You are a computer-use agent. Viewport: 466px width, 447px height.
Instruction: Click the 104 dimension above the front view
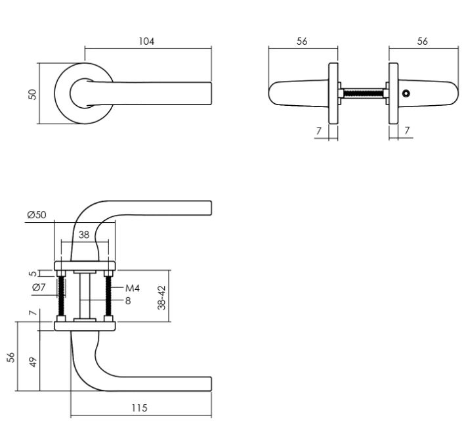pos(146,41)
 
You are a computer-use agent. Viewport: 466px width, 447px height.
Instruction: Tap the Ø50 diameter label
pos(38,215)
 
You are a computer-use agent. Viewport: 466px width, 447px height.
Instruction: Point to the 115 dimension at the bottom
pos(138,408)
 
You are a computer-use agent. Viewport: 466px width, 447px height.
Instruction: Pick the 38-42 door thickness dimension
pos(161,297)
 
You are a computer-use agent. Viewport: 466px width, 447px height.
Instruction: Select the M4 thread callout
pos(133,288)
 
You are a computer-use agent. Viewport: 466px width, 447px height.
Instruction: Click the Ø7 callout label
pos(38,287)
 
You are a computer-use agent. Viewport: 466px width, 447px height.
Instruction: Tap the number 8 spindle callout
pos(129,301)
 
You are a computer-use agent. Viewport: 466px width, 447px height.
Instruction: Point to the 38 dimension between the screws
pos(84,234)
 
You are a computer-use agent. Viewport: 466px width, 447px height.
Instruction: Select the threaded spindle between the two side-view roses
pos(363,93)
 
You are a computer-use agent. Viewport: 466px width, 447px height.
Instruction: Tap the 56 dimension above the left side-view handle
pos(302,41)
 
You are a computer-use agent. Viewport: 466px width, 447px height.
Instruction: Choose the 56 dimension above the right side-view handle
pos(422,41)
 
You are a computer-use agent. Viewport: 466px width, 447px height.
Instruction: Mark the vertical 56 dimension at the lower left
pos(11,358)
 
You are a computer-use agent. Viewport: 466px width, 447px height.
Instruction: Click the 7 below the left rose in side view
pos(318,131)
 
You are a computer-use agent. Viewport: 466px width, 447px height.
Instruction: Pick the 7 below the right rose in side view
pos(407,131)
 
